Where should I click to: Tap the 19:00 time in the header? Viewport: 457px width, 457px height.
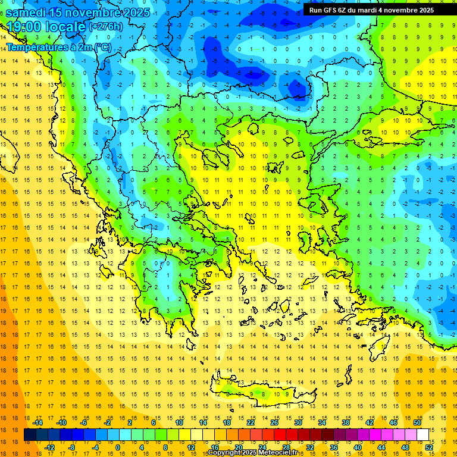tap(24, 27)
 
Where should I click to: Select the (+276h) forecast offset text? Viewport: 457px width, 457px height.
tap(105, 26)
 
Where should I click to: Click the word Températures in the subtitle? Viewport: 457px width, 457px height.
tap(37, 46)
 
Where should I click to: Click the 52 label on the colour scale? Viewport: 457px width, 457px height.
tap(429, 447)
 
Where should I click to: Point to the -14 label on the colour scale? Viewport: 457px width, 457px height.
tap(38, 422)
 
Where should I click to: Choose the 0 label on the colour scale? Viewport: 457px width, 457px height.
tap(118, 447)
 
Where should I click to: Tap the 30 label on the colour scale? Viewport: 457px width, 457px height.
tap(298, 422)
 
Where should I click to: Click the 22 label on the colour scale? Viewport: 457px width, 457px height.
tap(251, 422)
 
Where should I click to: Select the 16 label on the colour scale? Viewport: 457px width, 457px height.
tap(215, 447)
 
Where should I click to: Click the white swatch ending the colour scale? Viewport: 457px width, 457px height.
tap(422, 435)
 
